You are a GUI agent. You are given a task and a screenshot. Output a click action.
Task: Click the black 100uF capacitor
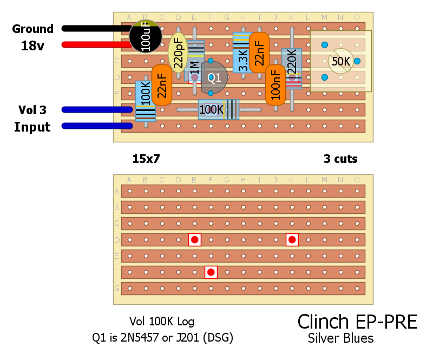[x=146, y=36]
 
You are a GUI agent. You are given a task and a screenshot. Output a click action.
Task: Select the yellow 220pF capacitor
[x=178, y=53]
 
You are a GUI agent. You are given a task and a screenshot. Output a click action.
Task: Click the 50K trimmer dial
[x=341, y=61]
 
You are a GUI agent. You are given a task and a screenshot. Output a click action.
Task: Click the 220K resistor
[x=292, y=67]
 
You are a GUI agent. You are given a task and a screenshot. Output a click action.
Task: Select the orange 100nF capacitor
[x=275, y=85]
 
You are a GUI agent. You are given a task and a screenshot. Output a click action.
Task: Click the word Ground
[x=32, y=29]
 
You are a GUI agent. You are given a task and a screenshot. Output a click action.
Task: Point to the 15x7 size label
[x=146, y=159]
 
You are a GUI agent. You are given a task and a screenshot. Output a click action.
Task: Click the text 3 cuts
[x=340, y=159]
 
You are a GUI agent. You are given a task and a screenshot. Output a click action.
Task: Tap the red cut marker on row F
[x=211, y=272]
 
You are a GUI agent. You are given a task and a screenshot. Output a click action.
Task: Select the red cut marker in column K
[x=292, y=239]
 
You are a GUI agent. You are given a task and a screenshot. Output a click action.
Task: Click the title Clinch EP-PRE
[x=357, y=322]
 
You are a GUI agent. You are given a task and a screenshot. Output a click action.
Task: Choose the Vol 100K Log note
[x=162, y=322]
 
